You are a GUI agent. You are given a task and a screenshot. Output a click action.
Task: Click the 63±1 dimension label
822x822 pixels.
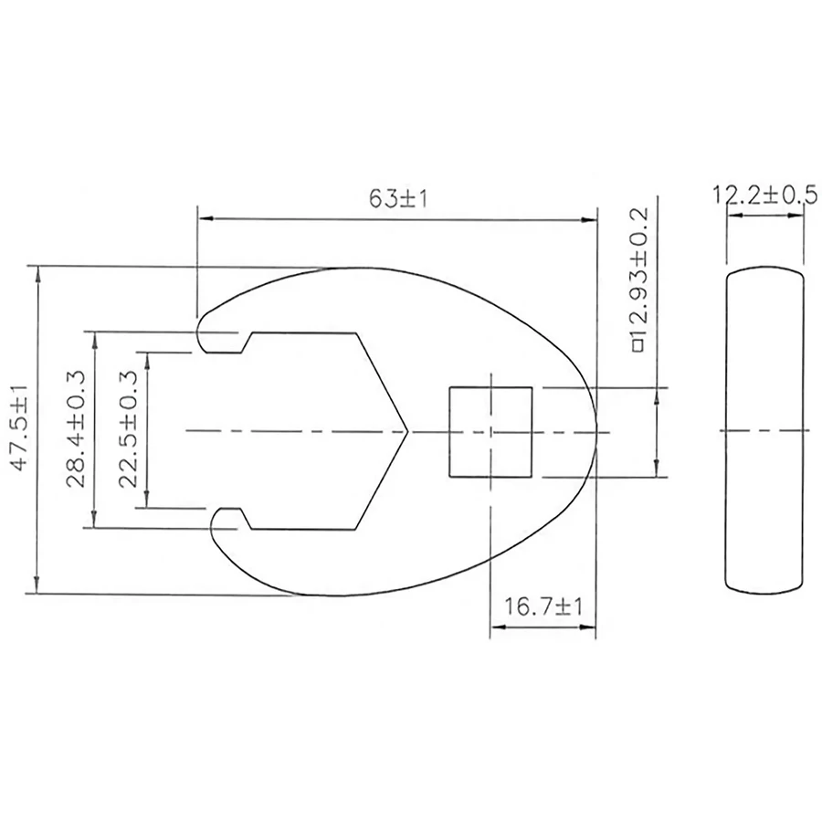click(x=398, y=199)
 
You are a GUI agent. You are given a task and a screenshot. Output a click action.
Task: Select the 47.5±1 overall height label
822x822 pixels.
click(x=21, y=427)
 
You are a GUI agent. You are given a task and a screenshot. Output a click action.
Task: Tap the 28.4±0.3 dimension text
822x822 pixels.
click(x=76, y=429)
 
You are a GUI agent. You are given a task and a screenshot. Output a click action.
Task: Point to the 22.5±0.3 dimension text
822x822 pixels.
click(x=128, y=429)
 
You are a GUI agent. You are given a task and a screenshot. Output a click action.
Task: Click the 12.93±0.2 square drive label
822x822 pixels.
click(x=639, y=279)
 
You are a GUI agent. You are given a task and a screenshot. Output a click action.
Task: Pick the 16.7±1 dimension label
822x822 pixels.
click(x=543, y=607)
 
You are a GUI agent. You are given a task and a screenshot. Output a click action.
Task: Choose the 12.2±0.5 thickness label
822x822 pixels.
click(x=764, y=195)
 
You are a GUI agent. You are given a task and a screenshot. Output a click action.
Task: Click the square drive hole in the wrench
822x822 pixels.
click(x=490, y=432)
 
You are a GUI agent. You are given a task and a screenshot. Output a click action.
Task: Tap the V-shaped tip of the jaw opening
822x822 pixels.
click(x=407, y=431)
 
